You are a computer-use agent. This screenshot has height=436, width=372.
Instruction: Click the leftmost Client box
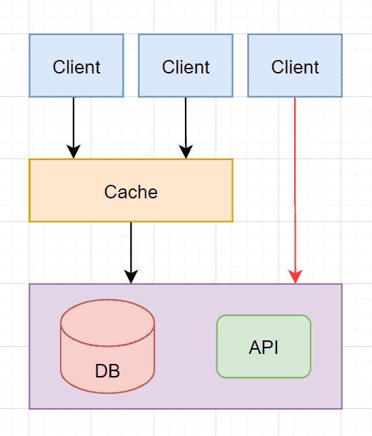76,66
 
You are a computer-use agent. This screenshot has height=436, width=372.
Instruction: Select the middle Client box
186,66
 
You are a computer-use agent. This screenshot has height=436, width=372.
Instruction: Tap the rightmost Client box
295,66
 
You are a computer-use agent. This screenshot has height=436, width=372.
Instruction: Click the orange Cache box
131,191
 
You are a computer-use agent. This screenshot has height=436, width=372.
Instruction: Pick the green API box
263,347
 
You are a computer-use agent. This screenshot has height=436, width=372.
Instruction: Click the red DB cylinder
107,347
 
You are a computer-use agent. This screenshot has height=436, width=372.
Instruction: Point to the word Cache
131,192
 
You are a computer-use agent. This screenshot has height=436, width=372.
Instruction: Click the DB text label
107,370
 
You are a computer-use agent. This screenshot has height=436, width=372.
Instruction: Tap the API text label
263,348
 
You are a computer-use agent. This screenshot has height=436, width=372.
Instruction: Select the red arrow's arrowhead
295,276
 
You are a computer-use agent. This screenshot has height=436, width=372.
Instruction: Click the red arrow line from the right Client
295,191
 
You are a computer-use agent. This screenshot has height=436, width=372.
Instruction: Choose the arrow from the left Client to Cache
74,128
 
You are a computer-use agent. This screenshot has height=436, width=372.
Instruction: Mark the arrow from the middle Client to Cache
186,128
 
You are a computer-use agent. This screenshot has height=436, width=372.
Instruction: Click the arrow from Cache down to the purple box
131,253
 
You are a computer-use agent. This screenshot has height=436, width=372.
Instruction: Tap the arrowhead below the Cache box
131,276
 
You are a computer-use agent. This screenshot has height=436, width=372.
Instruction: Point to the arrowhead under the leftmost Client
74,151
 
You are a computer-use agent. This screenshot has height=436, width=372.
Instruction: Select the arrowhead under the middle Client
186,151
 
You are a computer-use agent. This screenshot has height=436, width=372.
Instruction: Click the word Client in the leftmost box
76,67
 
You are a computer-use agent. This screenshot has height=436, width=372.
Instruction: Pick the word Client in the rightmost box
295,67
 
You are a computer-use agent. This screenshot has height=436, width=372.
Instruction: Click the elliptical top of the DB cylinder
107,323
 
